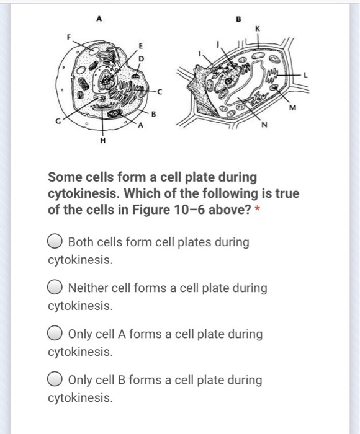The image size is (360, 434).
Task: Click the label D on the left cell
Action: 140,58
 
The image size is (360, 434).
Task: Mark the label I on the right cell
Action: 199,55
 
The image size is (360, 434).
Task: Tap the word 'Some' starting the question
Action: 64,177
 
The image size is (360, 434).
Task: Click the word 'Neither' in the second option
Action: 89,288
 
